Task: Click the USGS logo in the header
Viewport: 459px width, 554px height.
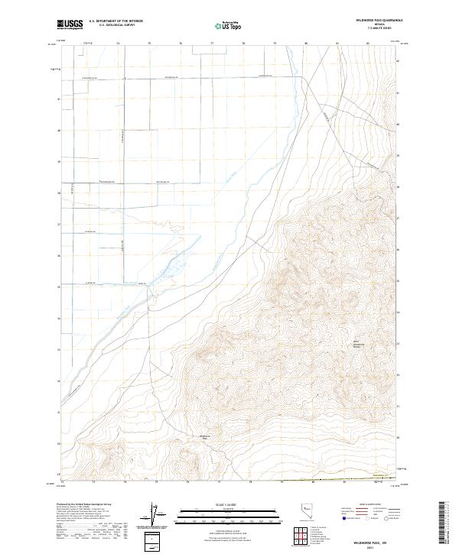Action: click(x=70, y=24)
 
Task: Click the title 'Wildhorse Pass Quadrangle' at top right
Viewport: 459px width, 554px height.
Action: click(x=375, y=20)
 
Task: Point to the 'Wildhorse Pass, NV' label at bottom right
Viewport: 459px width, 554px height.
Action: click(x=374, y=537)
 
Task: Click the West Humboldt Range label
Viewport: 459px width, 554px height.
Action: click(x=358, y=344)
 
